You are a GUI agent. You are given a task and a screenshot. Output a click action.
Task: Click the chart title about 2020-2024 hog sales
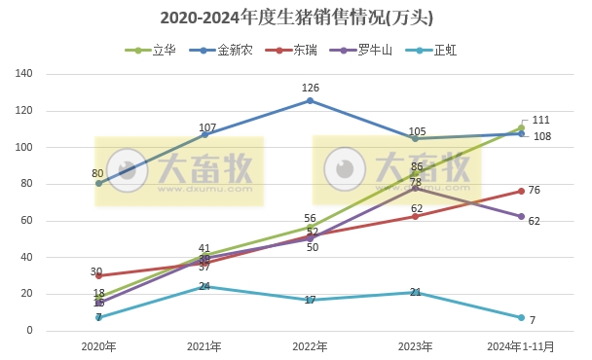click(x=296, y=18)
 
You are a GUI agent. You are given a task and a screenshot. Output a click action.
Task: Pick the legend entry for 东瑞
click(x=298, y=49)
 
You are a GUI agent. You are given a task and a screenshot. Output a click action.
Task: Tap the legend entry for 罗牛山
click(x=365, y=49)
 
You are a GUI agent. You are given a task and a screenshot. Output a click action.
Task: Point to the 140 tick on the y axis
click(x=25, y=74)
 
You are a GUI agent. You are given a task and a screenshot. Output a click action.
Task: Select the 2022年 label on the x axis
click(x=310, y=345)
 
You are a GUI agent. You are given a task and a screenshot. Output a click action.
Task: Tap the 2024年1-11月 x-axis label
click(x=521, y=345)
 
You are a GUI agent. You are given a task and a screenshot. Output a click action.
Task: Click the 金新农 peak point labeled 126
click(x=310, y=100)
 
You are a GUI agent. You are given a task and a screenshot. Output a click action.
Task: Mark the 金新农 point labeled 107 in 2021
click(x=204, y=134)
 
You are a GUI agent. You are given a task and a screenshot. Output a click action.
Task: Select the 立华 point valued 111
click(x=521, y=127)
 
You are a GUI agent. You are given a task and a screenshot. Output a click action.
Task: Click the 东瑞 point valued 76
click(x=521, y=191)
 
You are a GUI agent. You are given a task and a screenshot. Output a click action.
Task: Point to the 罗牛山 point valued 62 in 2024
click(x=521, y=217)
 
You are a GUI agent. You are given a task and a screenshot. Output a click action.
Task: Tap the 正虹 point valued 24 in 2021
click(x=204, y=287)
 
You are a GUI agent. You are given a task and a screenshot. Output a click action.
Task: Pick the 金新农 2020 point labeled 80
click(x=98, y=184)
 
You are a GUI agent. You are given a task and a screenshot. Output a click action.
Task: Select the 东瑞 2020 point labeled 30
click(x=98, y=275)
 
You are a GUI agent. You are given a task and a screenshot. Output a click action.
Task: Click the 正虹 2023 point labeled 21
click(x=416, y=292)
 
